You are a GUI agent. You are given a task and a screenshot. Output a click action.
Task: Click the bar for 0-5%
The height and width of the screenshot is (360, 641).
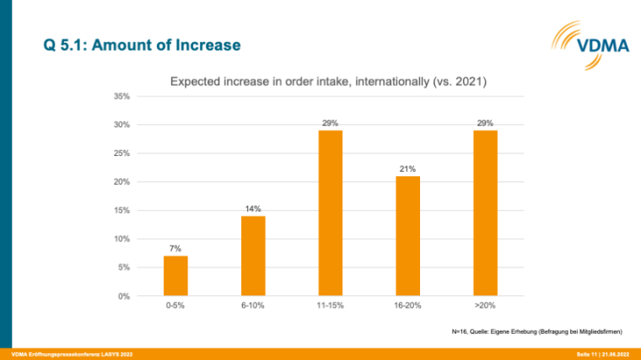tap(175, 276)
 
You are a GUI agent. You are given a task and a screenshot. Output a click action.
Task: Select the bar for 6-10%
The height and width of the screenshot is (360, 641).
tap(253, 256)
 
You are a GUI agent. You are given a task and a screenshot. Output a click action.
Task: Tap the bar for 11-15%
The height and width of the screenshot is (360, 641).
tap(331, 213)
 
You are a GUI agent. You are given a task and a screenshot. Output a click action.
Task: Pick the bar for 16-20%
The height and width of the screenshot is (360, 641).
tap(407, 236)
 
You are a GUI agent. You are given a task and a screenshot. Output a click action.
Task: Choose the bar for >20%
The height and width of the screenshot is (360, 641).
tap(485, 213)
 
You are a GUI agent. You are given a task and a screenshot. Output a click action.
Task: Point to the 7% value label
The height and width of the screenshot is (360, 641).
tap(175, 249)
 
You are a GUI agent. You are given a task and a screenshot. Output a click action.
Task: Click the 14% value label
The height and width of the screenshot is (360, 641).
tap(253, 208)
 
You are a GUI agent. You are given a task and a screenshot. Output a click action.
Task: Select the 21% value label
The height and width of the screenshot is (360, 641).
tap(407, 169)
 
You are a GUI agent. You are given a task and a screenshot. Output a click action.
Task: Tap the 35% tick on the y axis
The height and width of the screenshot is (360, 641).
tap(122, 96)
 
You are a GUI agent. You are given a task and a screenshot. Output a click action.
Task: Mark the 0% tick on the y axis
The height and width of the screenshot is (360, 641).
tap(124, 296)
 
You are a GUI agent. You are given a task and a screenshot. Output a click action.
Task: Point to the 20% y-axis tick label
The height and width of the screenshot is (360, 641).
tap(122, 182)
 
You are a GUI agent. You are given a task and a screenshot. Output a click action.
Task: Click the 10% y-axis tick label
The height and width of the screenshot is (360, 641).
tap(122, 239)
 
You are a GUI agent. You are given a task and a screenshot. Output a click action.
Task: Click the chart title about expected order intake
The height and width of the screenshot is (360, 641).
tap(329, 82)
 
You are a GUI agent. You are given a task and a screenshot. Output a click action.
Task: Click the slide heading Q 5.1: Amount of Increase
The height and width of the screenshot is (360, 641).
tap(142, 44)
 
